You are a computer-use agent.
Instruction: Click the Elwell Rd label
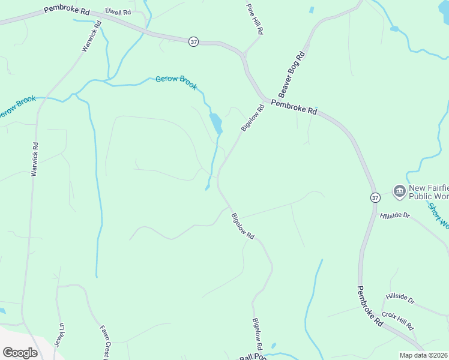point(118,11)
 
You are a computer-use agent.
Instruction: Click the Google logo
point(20,353)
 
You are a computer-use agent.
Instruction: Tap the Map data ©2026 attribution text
point(423,355)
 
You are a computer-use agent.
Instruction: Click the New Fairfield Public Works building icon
point(399,191)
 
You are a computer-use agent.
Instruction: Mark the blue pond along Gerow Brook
point(215,123)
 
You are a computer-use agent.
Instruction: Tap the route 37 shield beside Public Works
point(375,197)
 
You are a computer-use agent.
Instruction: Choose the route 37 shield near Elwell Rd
point(193,41)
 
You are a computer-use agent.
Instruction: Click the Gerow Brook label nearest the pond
point(176,83)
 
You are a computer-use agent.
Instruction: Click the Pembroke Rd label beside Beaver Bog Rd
point(294,107)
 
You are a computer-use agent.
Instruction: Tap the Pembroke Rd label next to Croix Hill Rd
point(370,306)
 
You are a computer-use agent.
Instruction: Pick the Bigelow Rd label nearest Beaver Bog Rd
point(253,118)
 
